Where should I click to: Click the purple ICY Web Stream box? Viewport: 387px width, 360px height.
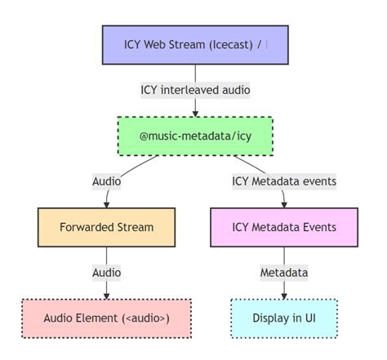pos(195,44)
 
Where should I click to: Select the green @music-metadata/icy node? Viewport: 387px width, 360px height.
pos(195,136)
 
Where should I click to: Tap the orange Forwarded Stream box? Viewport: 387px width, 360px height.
pos(106,227)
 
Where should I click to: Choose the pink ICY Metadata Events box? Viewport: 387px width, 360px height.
pos(283,227)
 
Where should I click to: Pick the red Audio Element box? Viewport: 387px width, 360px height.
pos(106,318)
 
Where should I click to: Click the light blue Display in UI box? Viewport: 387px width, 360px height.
pos(283,318)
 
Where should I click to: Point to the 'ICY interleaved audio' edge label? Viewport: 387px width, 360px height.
pos(195,90)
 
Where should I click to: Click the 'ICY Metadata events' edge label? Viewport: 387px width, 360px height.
pos(283,181)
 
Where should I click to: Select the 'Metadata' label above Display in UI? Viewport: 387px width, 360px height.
pos(283,273)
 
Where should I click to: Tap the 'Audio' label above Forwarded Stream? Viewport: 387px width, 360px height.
pos(106,181)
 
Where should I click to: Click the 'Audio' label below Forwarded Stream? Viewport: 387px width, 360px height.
pos(106,273)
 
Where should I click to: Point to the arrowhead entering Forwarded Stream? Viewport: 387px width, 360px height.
pos(106,204)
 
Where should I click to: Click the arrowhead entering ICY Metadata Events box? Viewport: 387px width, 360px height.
pos(283,204)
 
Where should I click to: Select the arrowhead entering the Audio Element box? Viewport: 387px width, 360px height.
pos(106,295)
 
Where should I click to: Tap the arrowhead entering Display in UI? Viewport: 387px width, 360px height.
pos(283,295)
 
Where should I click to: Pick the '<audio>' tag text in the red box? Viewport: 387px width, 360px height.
pos(145,318)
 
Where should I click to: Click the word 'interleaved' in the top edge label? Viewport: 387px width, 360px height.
pos(189,90)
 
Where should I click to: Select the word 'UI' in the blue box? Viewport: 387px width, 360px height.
pos(310,318)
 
